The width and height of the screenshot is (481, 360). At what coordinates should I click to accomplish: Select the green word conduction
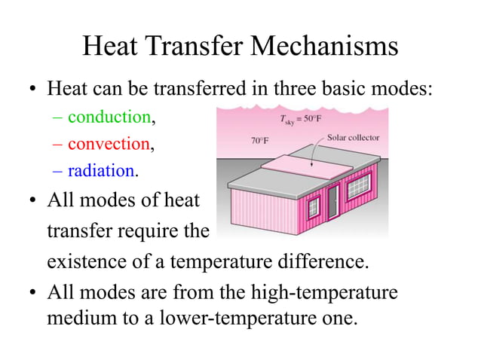click(109, 117)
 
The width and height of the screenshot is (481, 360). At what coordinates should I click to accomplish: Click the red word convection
click(109, 143)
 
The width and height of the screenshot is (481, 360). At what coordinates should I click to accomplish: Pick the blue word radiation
click(100, 170)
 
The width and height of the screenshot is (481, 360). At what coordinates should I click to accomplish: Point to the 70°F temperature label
click(259, 141)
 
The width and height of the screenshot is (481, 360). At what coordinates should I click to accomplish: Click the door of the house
click(333, 202)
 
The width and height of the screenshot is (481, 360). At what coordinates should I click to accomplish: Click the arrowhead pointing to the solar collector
click(311, 160)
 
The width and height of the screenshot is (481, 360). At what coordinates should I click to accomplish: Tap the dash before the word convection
click(60, 143)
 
